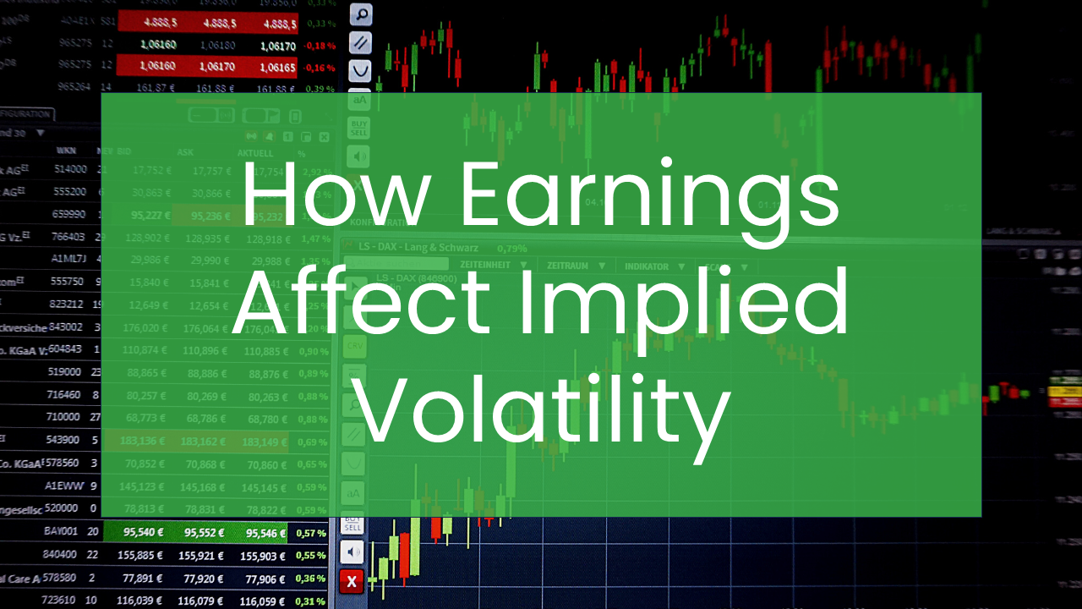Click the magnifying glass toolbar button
coord(360,14)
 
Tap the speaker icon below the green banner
coord(352,552)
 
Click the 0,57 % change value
coord(310,533)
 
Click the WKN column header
coord(66,151)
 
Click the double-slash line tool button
coord(360,42)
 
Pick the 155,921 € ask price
coord(201,556)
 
